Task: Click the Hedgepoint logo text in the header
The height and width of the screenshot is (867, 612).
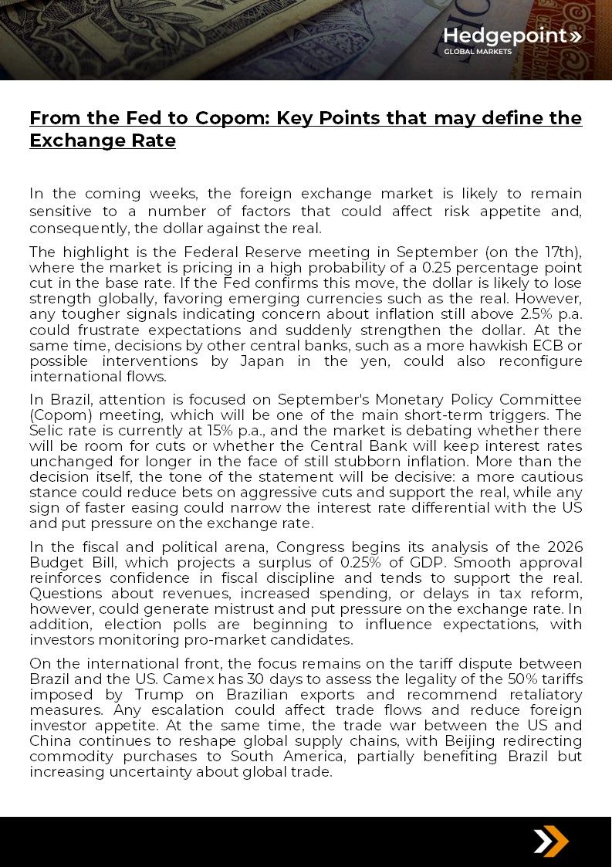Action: click(506, 36)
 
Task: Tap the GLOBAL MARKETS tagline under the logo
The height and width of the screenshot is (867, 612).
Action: click(477, 52)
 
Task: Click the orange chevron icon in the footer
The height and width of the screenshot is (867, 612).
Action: click(551, 841)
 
